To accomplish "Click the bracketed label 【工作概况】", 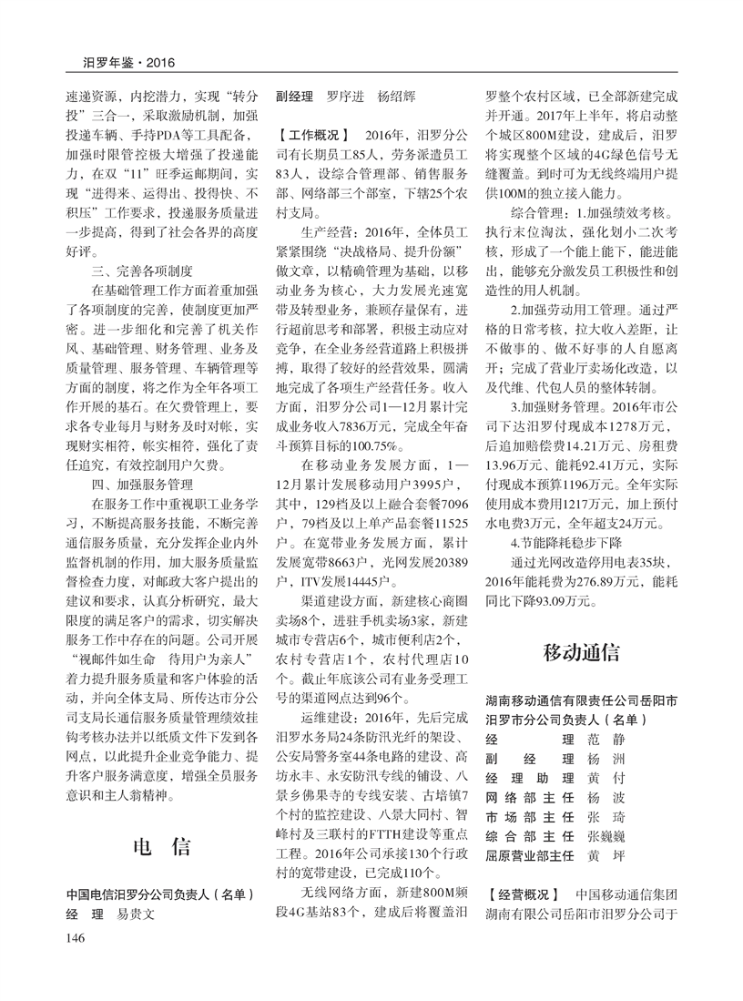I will pyautogui.click(x=316, y=134).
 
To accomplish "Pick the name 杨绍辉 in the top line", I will pyautogui.click(x=398, y=95).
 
